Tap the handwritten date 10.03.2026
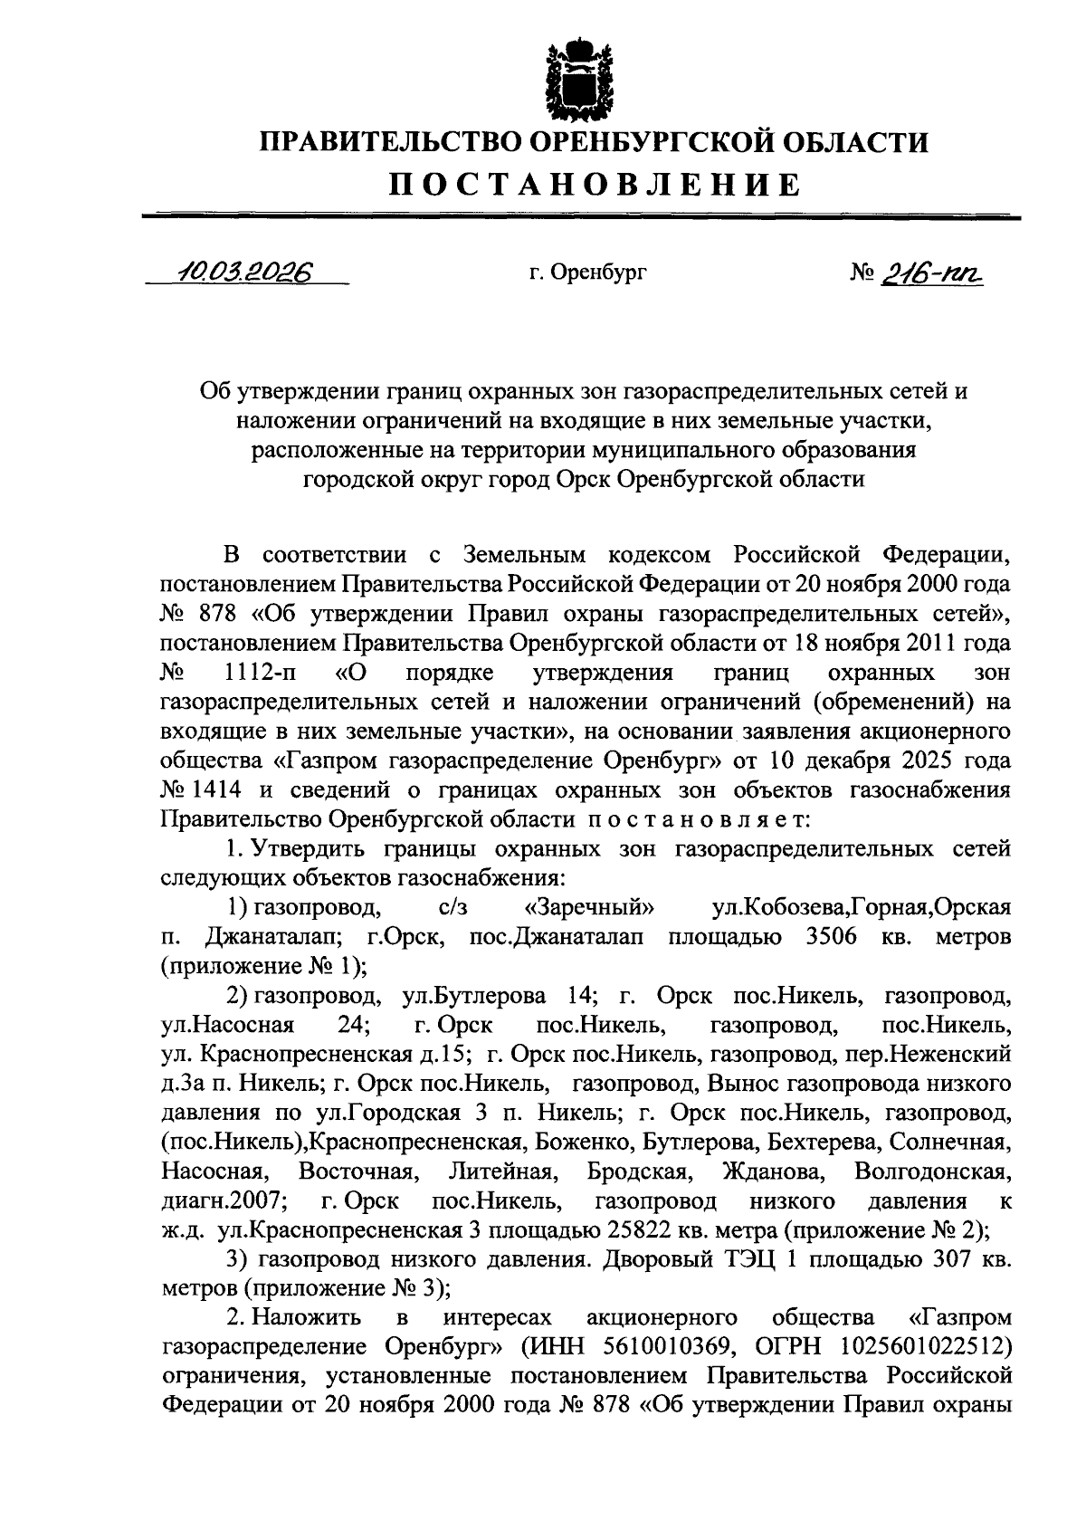tap(243, 271)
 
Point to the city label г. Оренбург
tap(588, 272)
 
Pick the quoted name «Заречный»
tap(590, 906)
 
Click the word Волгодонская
tap(931, 1171)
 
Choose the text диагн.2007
tap(224, 1200)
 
